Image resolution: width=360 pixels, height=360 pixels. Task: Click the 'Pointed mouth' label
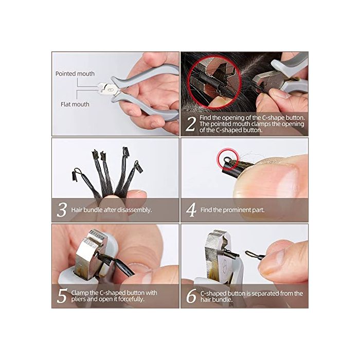pos(75,74)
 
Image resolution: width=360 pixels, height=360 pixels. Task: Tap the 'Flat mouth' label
pos(75,104)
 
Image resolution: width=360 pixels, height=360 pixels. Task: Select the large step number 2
pos(191,124)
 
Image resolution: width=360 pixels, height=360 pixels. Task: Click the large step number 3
pos(62,210)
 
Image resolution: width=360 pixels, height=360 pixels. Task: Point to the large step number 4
pos(191,210)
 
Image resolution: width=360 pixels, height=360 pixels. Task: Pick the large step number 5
pos(62,296)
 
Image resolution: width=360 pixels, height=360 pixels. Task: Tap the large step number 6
pos(191,296)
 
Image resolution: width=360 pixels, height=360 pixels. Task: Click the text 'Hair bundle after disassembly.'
pos(112,210)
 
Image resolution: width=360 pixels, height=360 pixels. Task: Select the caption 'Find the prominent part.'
pos(232,210)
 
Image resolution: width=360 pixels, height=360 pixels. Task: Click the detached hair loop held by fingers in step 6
pos(255,255)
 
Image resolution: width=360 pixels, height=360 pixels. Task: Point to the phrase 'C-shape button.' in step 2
pos(283,118)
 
